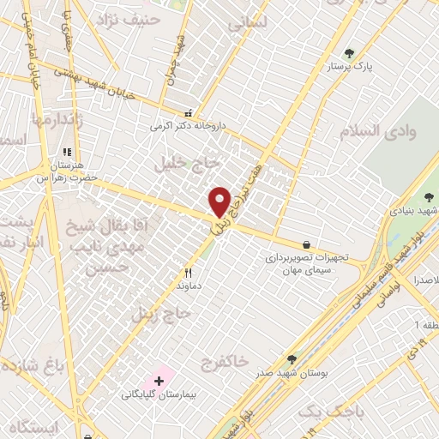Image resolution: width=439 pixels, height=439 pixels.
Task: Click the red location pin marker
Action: coord(219,201)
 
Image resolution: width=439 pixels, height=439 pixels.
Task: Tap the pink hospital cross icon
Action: coord(159,379)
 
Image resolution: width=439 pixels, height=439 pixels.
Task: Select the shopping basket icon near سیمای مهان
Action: coord(306,245)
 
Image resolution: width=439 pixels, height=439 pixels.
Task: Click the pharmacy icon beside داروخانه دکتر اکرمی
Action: coord(189,113)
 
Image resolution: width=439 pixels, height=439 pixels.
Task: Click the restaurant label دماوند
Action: coord(188,284)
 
